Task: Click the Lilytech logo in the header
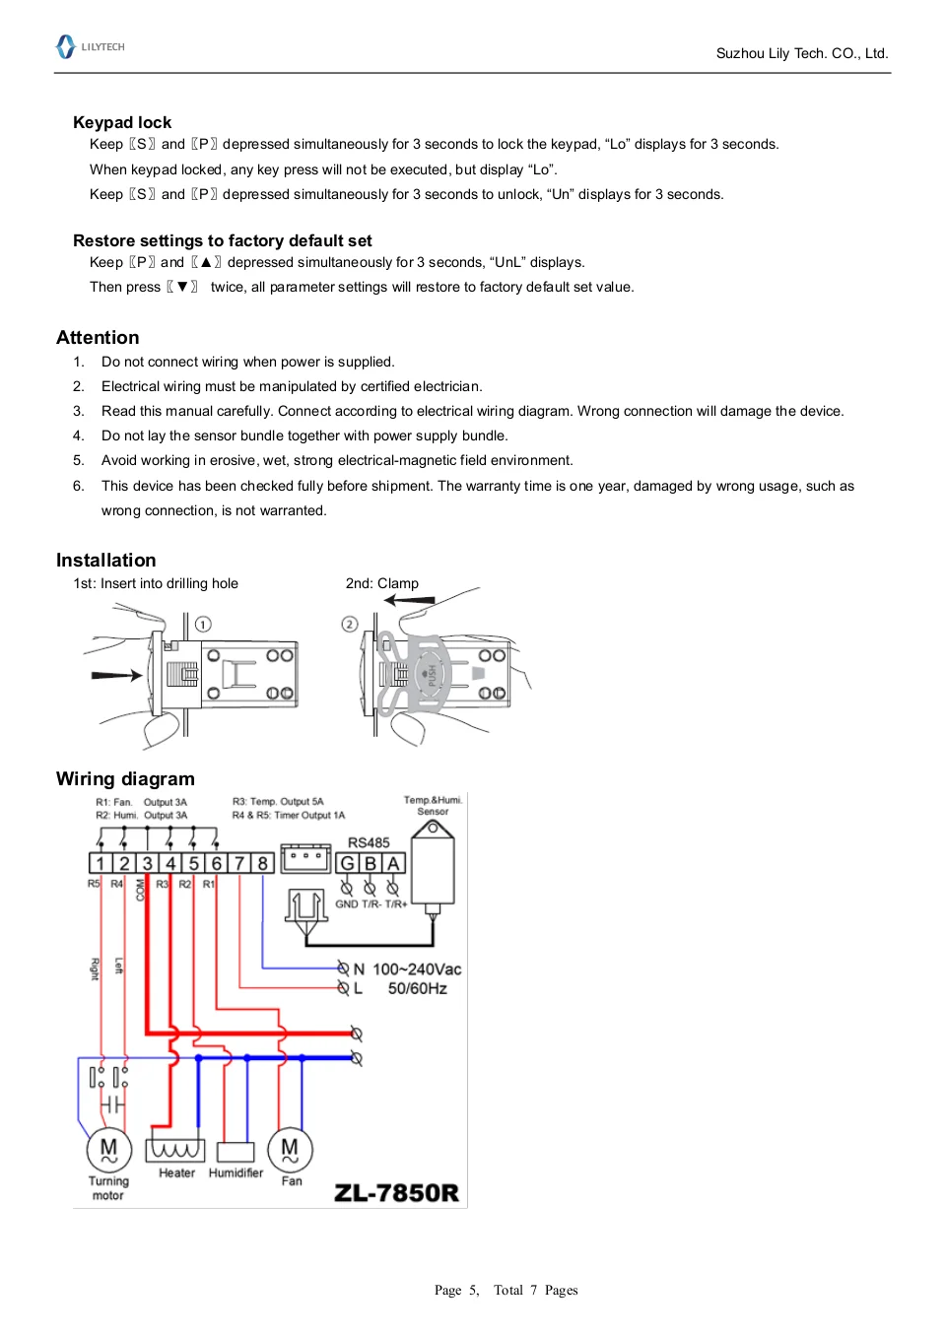pos(90,46)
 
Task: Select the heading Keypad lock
pos(122,122)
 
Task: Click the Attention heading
pos(98,338)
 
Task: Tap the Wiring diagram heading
pos(125,779)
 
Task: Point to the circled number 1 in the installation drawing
pos(203,624)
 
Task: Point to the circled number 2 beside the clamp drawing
pos(349,624)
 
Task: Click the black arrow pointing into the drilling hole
pos(116,676)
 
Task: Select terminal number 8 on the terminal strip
pos(262,864)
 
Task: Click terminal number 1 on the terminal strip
pos(100,864)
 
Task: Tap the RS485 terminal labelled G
pos(347,864)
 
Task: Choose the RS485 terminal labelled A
pos(393,864)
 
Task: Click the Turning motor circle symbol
pos(108,1149)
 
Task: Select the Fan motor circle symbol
pos(290,1149)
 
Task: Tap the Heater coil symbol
pos(175,1150)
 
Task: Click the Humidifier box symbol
pos(236,1152)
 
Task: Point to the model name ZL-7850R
pos(396,1193)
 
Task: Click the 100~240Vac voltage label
pos(417,969)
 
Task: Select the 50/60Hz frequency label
pos(417,988)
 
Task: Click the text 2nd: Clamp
pos(382,583)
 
